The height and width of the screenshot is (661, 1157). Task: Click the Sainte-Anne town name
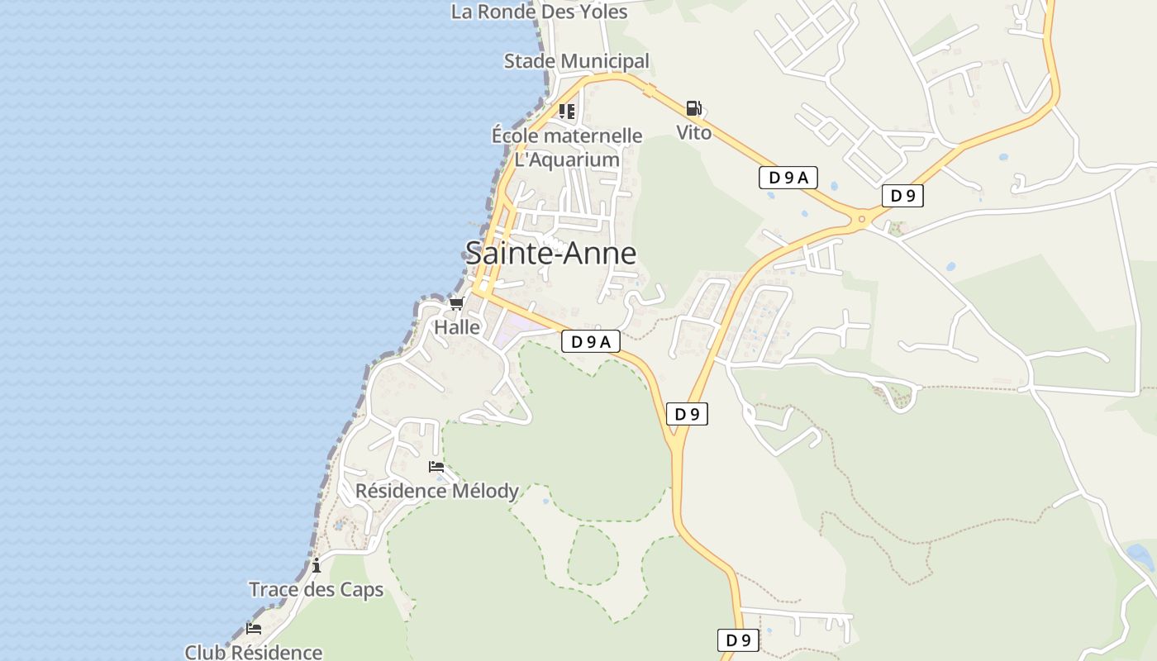[x=551, y=253]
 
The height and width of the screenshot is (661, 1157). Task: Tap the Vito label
[x=693, y=132]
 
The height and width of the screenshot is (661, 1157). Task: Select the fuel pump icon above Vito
[x=693, y=108]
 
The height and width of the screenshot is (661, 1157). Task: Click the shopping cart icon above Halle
[x=456, y=303]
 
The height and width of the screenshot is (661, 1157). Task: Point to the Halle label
[x=457, y=327]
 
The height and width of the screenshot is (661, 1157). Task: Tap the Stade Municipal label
[x=577, y=61]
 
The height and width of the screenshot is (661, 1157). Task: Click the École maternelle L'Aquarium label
[x=567, y=147]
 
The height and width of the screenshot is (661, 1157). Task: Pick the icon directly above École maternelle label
[x=566, y=111]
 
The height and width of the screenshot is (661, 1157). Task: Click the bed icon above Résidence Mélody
[x=436, y=467]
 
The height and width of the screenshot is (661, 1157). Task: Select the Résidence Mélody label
[x=437, y=491]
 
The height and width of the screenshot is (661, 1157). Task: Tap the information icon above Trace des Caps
[x=317, y=565]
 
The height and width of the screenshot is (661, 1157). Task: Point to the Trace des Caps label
[x=317, y=589]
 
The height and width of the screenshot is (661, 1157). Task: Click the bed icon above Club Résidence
[x=254, y=629]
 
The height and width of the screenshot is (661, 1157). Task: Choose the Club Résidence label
[x=254, y=652]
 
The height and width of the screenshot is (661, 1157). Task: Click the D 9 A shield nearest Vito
[x=788, y=177]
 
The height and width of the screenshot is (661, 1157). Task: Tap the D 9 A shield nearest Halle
[x=591, y=341]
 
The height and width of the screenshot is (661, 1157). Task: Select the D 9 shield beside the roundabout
[x=902, y=196]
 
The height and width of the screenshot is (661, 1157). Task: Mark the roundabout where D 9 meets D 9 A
[x=862, y=219]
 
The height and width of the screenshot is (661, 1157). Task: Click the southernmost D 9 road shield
[x=737, y=640]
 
